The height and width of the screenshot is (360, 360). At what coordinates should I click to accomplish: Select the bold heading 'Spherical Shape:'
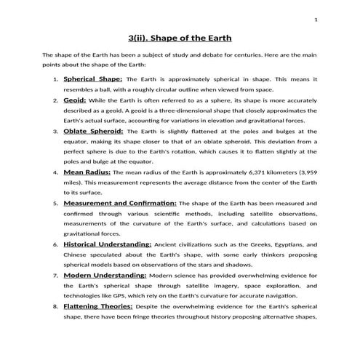(93, 78)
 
